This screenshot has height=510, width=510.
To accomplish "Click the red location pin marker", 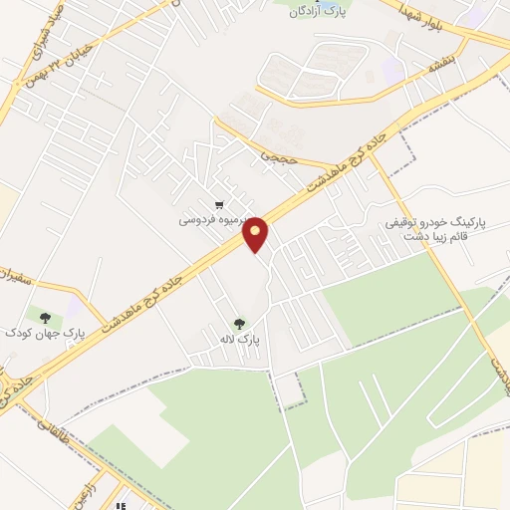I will pyautogui.click(x=256, y=233).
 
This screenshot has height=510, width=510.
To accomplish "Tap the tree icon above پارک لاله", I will pyautogui.click(x=239, y=323).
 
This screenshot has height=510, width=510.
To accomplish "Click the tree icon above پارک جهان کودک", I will pyautogui.click(x=42, y=316).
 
